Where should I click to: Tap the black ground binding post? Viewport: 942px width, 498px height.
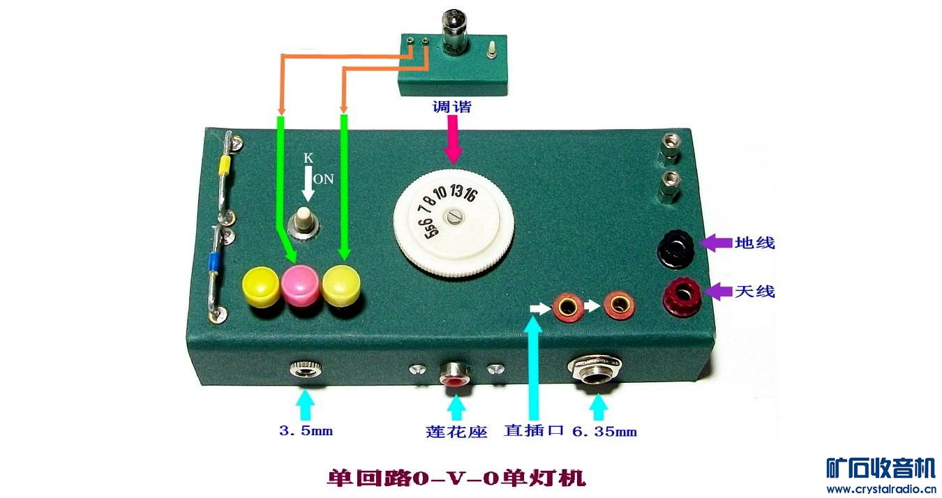click(x=677, y=247)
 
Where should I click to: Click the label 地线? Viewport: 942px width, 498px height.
click(x=754, y=243)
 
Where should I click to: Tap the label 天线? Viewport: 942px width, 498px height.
click(x=754, y=291)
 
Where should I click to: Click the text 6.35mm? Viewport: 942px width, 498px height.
click(x=604, y=432)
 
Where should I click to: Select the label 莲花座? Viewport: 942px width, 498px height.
click(x=456, y=432)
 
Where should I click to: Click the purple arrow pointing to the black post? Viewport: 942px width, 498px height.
click(x=715, y=243)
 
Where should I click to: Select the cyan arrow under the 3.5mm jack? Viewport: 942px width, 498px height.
click(x=305, y=404)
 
